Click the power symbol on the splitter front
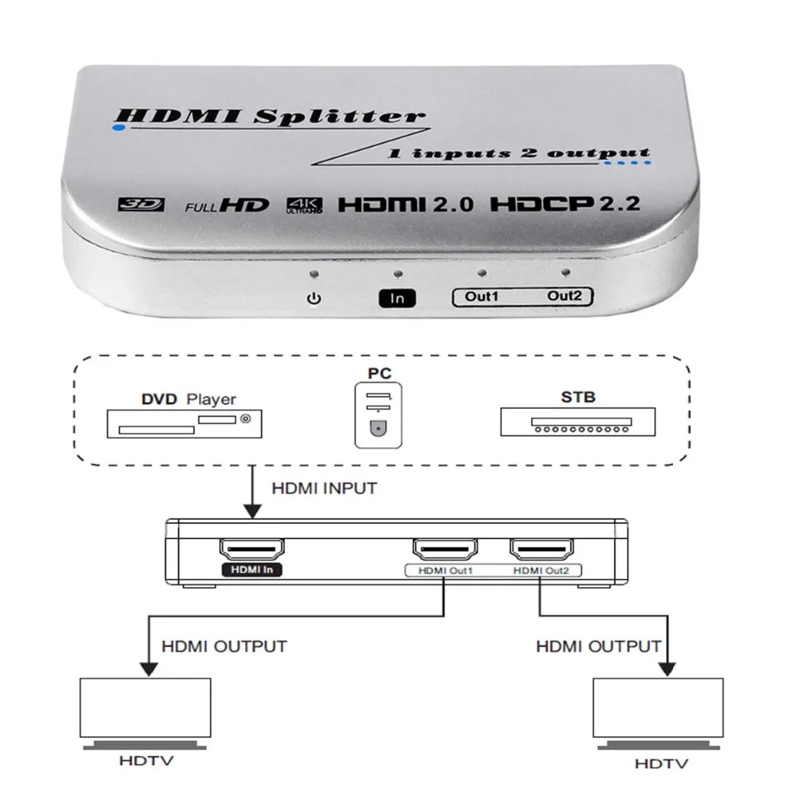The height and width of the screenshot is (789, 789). [314, 298]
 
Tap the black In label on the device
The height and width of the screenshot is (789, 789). [397, 298]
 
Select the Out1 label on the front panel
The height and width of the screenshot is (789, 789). [481, 296]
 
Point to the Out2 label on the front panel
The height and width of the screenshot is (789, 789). [564, 295]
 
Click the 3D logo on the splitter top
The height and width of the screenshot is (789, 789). [141, 204]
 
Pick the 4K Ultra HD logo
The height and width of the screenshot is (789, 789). [305, 205]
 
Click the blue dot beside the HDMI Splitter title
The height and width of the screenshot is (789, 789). [119, 128]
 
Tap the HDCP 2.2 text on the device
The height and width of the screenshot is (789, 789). [565, 204]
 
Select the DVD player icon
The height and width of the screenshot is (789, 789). [184, 424]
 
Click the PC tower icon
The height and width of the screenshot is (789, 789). [379, 415]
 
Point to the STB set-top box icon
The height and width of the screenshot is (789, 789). [578, 421]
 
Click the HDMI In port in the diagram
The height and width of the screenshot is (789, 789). [252, 549]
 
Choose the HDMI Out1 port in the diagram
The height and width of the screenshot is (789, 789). [445, 549]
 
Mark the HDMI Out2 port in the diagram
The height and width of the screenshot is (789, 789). [542, 549]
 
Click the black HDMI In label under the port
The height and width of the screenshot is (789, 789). [252, 570]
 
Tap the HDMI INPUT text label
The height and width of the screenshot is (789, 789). [324, 488]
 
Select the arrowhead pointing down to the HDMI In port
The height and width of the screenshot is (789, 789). [252, 511]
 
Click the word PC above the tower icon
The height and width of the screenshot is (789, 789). [380, 373]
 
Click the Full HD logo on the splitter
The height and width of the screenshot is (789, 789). [227, 205]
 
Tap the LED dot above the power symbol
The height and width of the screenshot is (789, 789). [315, 275]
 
